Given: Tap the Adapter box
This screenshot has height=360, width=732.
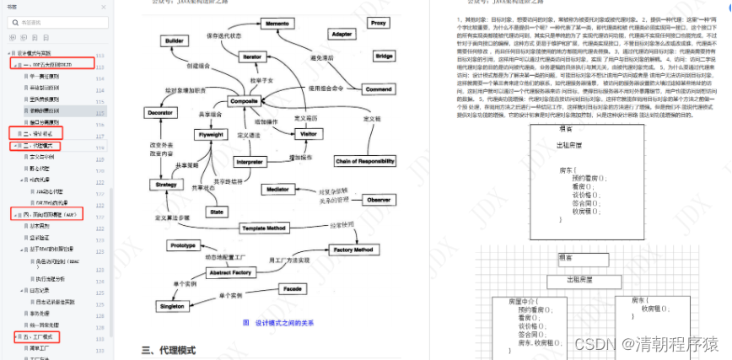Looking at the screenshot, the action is click(x=342, y=35).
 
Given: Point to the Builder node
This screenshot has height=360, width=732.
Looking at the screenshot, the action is click(x=175, y=40).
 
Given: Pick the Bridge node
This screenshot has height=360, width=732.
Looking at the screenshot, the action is click(x=384, y=56).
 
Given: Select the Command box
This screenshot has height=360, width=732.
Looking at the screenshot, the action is click(x=379, y=89).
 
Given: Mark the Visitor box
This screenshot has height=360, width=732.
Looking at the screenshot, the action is click(x=309, y=134).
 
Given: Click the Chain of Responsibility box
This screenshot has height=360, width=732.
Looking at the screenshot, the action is click(x=364, y=160).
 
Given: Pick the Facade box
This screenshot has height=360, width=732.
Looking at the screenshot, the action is click(x=293, y=288).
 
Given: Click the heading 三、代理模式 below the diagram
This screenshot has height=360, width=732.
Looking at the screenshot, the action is click(x=168, y=349).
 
